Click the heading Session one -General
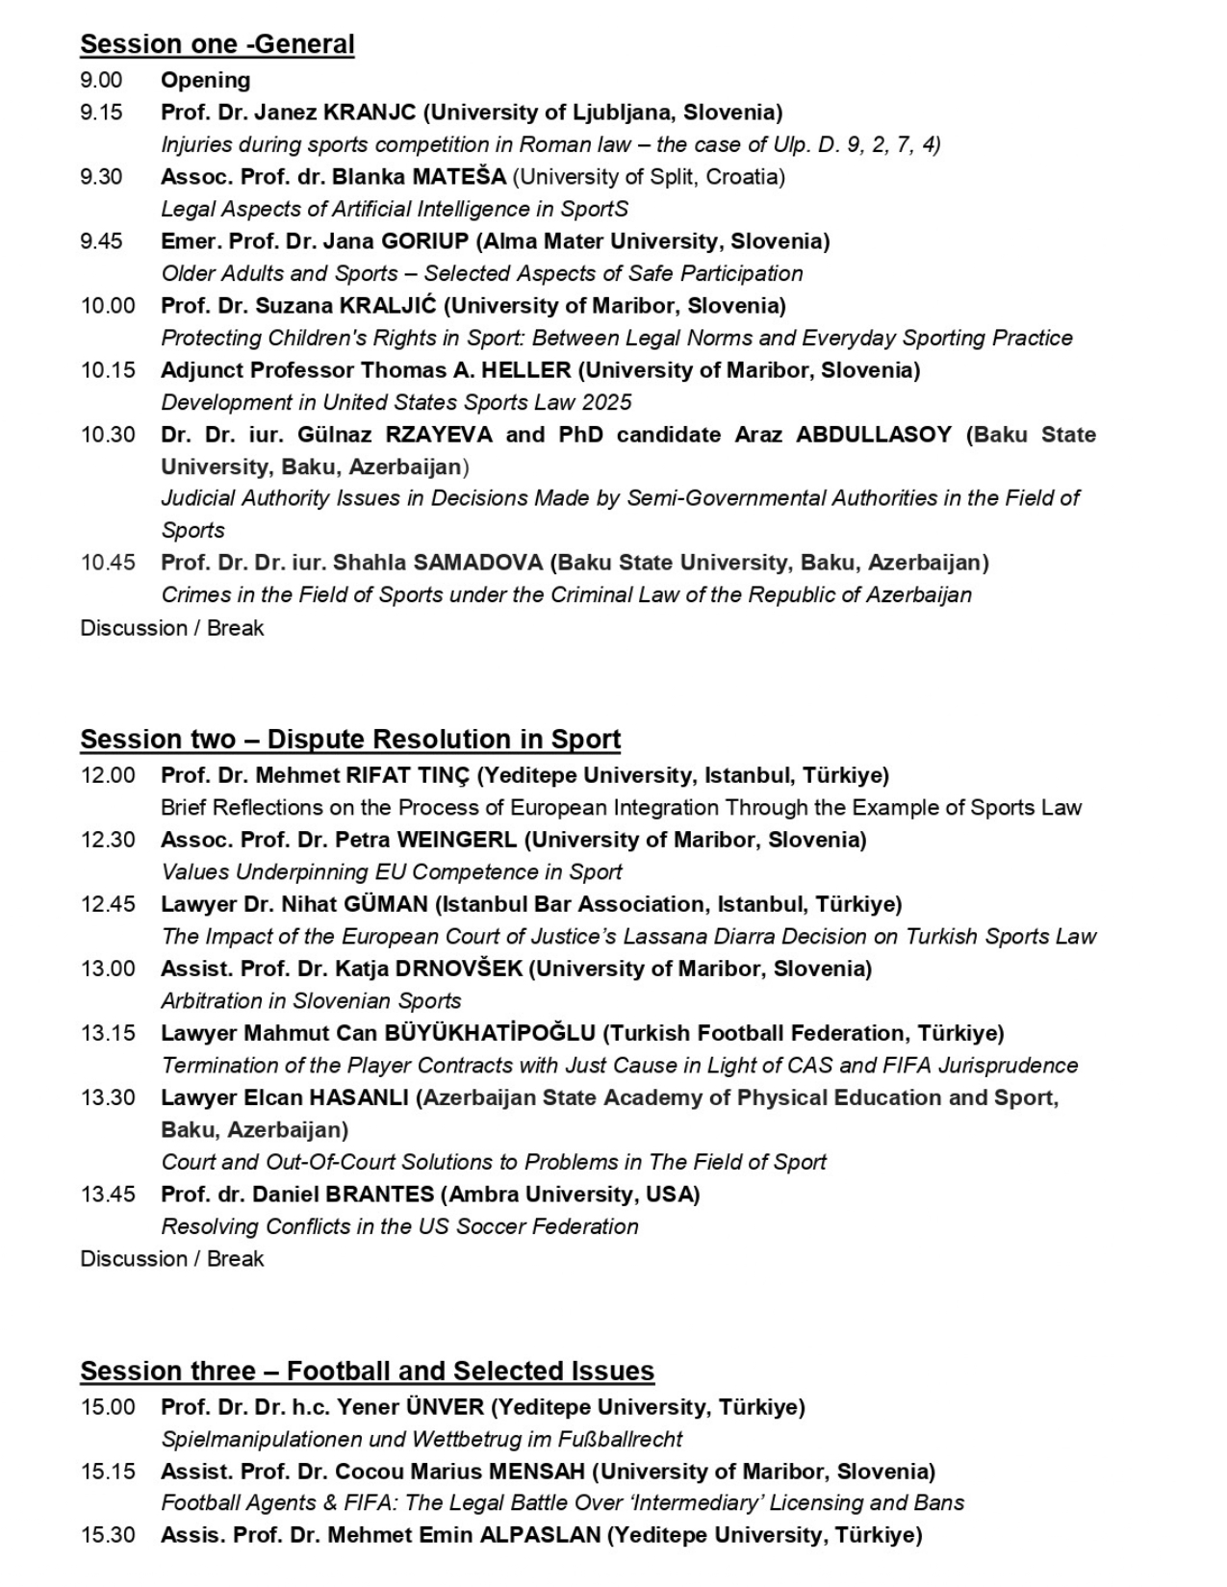pyautogui.click(x=217, y=44)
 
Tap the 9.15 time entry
pyautogui.click(x=101, y=113)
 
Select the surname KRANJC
pyautogui.click(x=370, y=113)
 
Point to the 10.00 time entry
pyautogui.click(x=108, y=306)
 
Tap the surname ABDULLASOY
pyautogui.click(x=874, y=435)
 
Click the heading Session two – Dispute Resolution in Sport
pyautogui.click(x=350, y=740)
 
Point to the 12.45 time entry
pyautogui.click(x=108, y=904)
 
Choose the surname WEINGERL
pyautogui.click(x=456, y=840)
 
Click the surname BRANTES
pyautogui.click(x=380, y=1195)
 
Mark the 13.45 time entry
pyautogui.click(x=108, y=1195)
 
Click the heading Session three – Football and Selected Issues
pyautogui.click(x=367, y=1372)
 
